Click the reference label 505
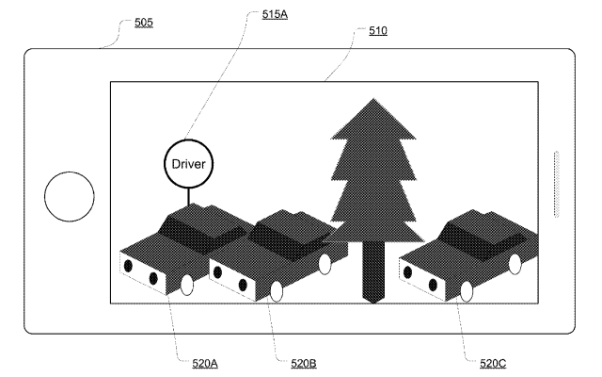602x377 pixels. tap(144, 23)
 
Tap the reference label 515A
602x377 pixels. tap(275, 14)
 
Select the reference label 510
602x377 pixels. tap(378, 31)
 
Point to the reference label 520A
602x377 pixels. tap(205, 363)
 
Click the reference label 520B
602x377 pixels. tap(303, 363)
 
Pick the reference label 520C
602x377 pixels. tap(493, 363)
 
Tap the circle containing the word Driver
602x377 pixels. tap(188, 164)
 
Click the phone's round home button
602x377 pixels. tap(70, 197)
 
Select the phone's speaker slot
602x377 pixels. tap(556, 185)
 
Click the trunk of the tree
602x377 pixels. tap(373, 271)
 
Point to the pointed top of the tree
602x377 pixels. tap(372, 99)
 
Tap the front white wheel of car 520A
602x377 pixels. tap(187, 285)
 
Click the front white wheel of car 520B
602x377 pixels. tap(277, 291)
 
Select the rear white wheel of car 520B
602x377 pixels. tap(325, 264)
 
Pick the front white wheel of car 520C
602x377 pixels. tap(467, 291)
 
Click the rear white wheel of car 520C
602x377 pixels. tap(515, 264)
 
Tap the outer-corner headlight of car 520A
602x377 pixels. tap(128, 266)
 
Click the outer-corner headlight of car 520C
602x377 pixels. tap(407, 272)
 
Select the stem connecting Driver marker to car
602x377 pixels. tap(188, 197)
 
